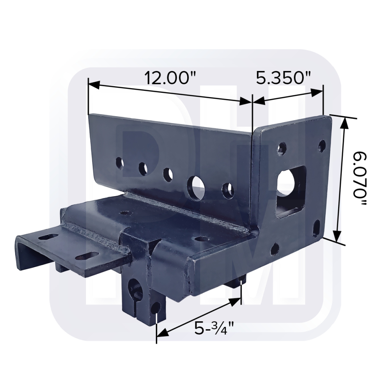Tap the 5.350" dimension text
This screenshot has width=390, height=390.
[x=283, y=78]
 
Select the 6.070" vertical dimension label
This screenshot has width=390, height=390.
[x=360, y=179]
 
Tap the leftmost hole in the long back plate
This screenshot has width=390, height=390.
[x=120, y=163]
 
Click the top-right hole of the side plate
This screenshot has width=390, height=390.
[x=322, y=146]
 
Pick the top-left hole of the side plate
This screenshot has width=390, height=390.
[x=282, y=149]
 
